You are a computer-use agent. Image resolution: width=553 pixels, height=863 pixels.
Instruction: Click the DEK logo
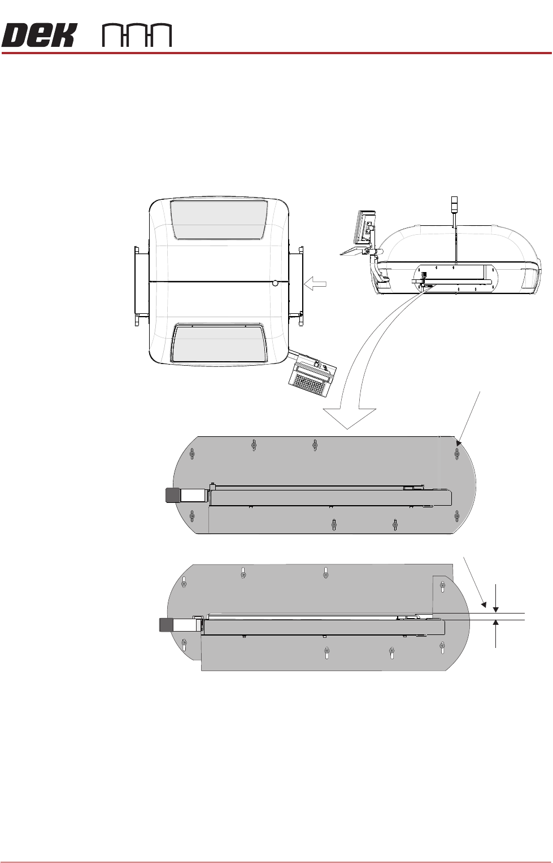(38, 36)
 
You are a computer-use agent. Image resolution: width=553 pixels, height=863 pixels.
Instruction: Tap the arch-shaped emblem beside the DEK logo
(137, 36)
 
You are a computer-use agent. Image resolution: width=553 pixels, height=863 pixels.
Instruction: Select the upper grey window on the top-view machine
(219, 219)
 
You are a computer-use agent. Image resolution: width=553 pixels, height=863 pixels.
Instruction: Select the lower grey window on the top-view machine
(219, 343)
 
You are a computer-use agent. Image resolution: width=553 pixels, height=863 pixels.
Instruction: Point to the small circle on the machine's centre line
(275, 283)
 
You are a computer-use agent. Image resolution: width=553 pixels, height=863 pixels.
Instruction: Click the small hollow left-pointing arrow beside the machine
(316, 284)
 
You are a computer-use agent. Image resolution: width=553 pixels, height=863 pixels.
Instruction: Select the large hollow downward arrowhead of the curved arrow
(348, 418)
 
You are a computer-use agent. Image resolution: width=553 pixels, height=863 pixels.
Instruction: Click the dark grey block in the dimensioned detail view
(166, 624)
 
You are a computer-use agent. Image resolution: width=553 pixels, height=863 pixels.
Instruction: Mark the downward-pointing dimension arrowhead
(496, 608)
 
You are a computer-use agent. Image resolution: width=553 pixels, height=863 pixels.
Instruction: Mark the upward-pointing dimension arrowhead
(496, 624)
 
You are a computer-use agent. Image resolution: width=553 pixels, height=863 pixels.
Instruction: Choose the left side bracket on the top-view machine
(141, 285)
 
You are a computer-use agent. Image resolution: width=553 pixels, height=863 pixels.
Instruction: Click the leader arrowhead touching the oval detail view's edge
(459, 443)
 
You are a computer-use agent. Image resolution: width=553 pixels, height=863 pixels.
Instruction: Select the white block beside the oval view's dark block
(191, 495)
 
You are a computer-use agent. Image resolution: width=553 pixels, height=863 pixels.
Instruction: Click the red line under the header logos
(276, 53)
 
